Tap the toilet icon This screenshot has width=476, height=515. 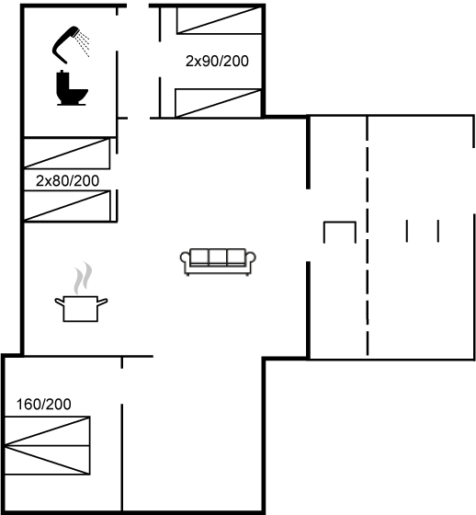pyautogui.click(x=72, y=88)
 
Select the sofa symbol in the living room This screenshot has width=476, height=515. pyautogui.click(x=218, y=262)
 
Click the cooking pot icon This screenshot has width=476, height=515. pyautogui.click(x=81, y=308)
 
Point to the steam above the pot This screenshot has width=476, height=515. pyautogui.click(x=83, y=278)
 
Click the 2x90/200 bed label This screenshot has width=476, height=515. pyautogui.click(x=217, y=61)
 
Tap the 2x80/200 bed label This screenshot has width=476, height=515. pyautogui.click(x=67, y=180)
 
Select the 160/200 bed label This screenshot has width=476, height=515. pyautogui.click(x=44, y=405)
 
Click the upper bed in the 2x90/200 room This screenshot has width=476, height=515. pyautogui.click(x=220, y=20)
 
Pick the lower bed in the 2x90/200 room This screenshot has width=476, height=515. pyautogui.click(x=219, y=103)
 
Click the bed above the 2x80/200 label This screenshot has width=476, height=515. pyautogui.click(x=67, y=154)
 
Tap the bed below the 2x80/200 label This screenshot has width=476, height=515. pyautogui.click(x=67, y=206)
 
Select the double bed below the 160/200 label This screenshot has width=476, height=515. pyautogui.click(x=47, y=445)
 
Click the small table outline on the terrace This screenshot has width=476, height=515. pyautogui.click(x=340, y=223)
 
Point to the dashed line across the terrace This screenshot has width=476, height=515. pyautogui.click(x=368, y=235)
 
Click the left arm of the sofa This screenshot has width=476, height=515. pyautogui.click(x=185, y=258)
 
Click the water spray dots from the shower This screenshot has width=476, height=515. pyautogui.click(x=83, y=44)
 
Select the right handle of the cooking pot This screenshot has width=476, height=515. pyautogui.click(x=102, y=302)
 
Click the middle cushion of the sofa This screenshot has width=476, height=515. pyautogui.click(x=218, y=257)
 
